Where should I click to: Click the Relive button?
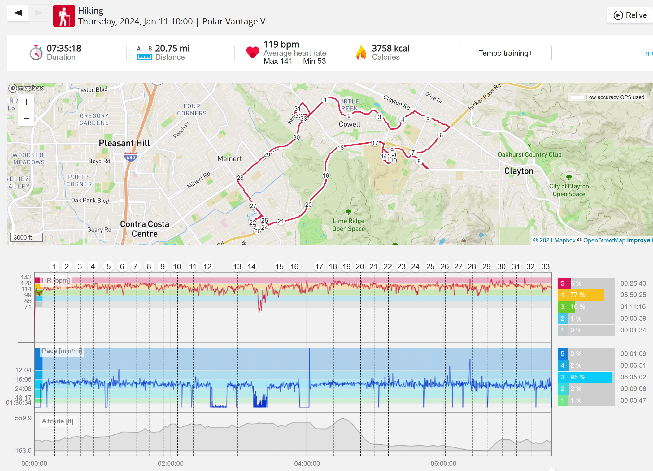(630, 15)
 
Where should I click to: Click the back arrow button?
(18, 13)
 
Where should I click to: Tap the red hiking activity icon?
(64, 16)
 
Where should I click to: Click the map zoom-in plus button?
(26, 102)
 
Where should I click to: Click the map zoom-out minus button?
(26, 118)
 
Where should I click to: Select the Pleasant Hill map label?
(124, 143)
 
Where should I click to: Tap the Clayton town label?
(519, 171)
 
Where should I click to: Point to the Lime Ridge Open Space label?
(348, 225)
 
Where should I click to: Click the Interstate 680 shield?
(131, 157)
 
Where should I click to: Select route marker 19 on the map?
(326, 175)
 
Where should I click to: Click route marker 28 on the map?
(240, 178)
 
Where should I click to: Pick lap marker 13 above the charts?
(237, 267)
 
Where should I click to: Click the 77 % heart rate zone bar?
(587, 295)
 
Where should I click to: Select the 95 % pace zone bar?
(591, 377)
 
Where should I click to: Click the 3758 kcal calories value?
(390, 49)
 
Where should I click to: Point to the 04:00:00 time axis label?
(307, 463)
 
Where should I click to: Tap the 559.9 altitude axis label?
(23, 418)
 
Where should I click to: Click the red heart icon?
(253, 52)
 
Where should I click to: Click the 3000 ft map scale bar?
(26, 237)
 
